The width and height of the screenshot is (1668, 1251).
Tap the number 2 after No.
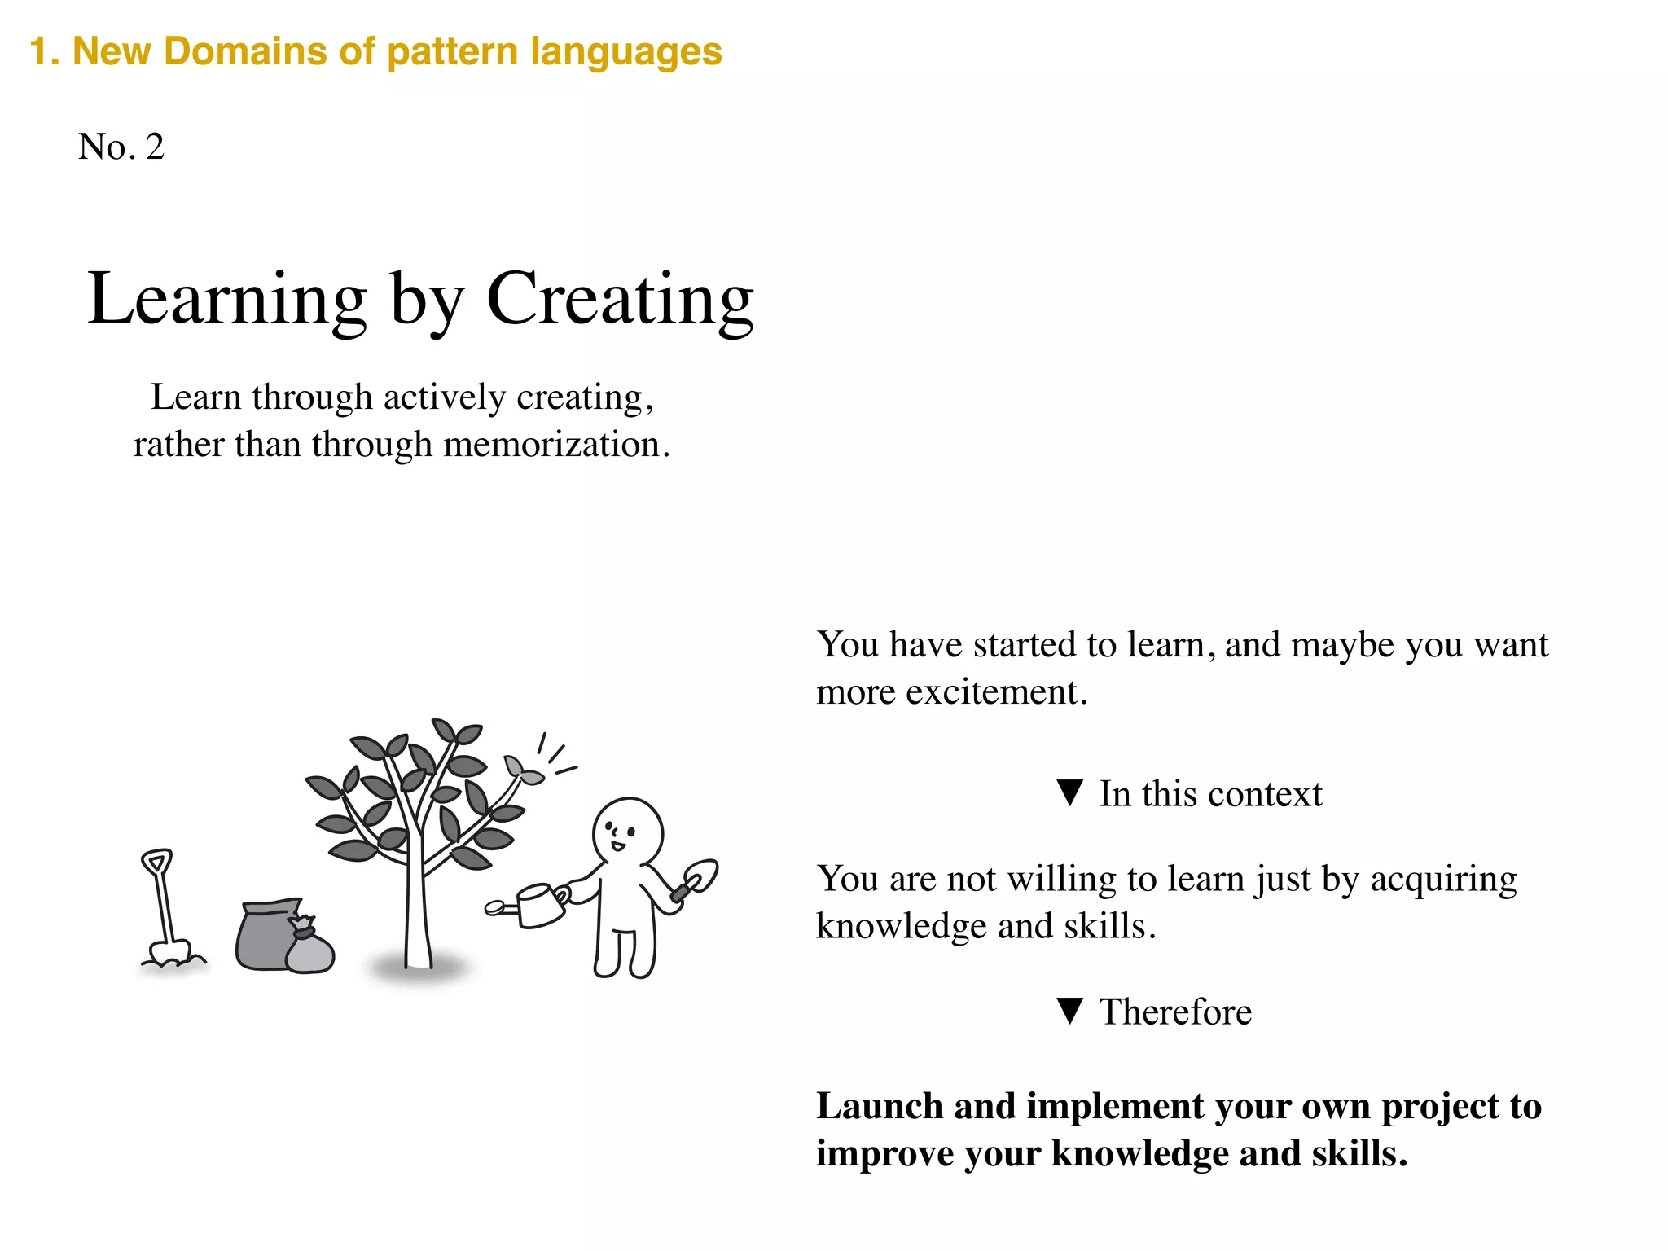(155, 147)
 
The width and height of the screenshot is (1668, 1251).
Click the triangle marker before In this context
(1069, 792)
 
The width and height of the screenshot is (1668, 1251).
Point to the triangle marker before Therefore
(1069, 1011)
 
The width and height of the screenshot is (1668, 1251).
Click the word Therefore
(1175, 1012)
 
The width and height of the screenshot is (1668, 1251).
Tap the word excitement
(991, 692)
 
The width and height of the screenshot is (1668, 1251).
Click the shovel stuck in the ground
(163, 904)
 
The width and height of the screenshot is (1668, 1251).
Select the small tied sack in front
(309, 949)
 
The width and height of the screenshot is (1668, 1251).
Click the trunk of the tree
(417, 904)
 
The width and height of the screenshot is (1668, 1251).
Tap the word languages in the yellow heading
(626, 51)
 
